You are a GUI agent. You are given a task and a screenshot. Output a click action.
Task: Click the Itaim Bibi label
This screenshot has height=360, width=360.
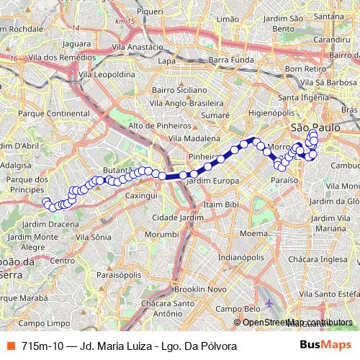[x=221, y=205]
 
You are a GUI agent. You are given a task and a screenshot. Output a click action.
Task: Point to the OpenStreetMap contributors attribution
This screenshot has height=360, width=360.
[x=297, y=323]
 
